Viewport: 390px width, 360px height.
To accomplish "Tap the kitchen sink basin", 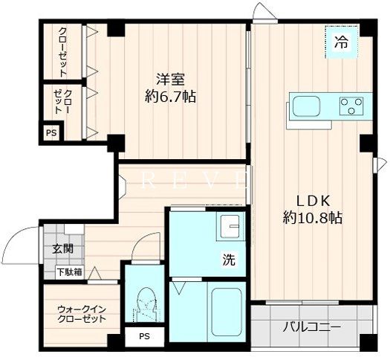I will pyautogui.click(x=305, y=106).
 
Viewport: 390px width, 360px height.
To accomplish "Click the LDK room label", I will pyautogui.click(x=312, y=201).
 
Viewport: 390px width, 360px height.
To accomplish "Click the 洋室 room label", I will pyautogui.click(x=170, y=79).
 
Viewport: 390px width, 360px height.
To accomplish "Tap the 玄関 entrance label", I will pyautogui.click(x=63, y=249).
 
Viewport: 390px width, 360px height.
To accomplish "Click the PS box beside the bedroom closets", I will pyautogui.click(x=51, y=134).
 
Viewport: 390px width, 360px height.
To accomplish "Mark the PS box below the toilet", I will pyautogui.click(x=143, y=337).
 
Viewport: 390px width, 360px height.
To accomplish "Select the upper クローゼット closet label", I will pyautogui.click(x=62, y=52).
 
